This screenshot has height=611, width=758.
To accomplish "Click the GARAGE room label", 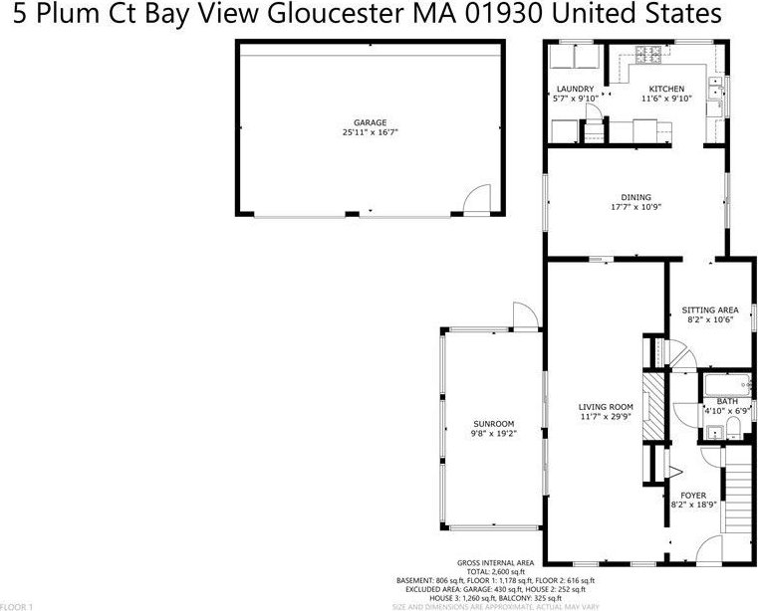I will coord(370,122).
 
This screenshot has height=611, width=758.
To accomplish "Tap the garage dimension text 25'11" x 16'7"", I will coord(370,132).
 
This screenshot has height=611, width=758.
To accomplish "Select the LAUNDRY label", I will coord(575,89).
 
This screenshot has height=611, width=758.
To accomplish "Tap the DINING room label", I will coord(636,197).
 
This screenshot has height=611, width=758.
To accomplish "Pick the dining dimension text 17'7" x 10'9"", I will coord(636,207).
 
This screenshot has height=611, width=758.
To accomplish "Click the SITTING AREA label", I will coord(708,310).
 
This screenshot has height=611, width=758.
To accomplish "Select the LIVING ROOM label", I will coord(606,406).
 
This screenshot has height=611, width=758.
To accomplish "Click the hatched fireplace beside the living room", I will coord(651,406).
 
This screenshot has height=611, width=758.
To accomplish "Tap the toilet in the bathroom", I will coord(733,427).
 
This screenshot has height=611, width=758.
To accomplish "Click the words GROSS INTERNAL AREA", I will coord(494,562).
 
